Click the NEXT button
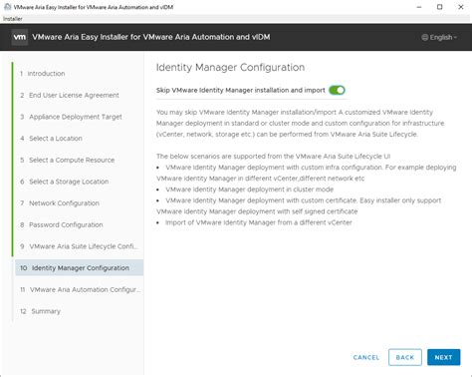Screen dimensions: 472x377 click(441, 357)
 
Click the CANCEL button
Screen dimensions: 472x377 click(365, 357)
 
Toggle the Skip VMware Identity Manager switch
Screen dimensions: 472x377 click(337, 90)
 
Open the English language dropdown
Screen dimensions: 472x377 click(439, 38)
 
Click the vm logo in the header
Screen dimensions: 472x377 click(20, 38)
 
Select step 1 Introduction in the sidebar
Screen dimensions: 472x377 click(45, 73)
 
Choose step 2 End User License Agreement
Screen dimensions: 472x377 click(73, 95)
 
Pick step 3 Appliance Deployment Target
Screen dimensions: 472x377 click(75, 117)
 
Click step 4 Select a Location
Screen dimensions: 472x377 click(55, 138)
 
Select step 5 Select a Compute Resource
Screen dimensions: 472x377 click(73, 160)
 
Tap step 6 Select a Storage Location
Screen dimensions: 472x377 click(70, 182)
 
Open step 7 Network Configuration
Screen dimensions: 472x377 click(65, 202)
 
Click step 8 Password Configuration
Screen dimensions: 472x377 click(66, 224)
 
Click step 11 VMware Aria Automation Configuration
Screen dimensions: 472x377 click(78, 289)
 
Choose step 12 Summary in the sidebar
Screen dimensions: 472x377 click(45, 311)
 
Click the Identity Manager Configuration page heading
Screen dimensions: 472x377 click(230, 67)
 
